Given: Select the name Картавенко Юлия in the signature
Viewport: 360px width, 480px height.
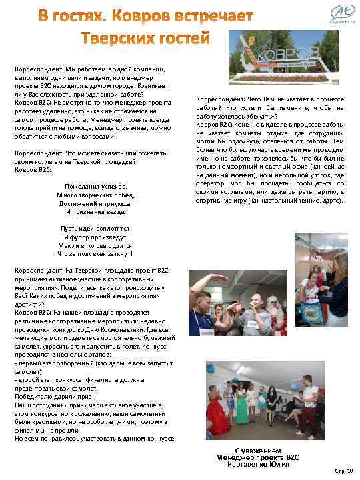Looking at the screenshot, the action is [x=253, y=465].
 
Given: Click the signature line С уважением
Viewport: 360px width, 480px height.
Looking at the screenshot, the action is [x=254, y=449].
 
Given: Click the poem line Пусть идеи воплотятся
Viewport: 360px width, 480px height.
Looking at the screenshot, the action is [x=95, y=229].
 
